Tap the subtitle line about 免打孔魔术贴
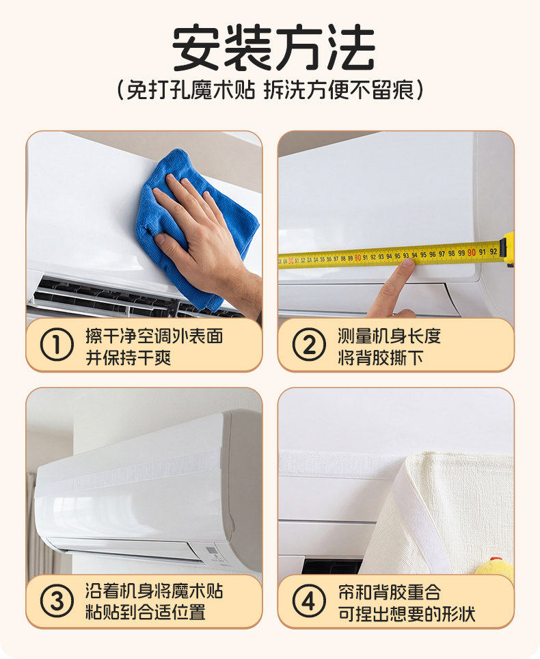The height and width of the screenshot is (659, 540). (270, 90)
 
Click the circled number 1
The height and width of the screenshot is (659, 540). (57, 345)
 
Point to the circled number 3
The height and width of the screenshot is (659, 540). (57, 601)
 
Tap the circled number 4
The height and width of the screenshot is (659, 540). (309, 601)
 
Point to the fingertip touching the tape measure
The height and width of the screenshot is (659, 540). (407, 263)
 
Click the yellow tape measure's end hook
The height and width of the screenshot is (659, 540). (509, 249)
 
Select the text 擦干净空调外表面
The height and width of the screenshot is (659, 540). (154, 336)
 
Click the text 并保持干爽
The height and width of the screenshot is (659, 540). (129, 358)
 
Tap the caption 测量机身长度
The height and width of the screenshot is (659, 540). (389, 336)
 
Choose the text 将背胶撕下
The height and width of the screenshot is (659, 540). (380, 358)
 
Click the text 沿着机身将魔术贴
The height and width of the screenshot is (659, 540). (154, 591)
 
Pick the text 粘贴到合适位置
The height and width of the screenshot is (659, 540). (146, 612)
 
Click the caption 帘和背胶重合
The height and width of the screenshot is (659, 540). (389, 592)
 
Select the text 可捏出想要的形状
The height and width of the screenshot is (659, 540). (406, 614)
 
